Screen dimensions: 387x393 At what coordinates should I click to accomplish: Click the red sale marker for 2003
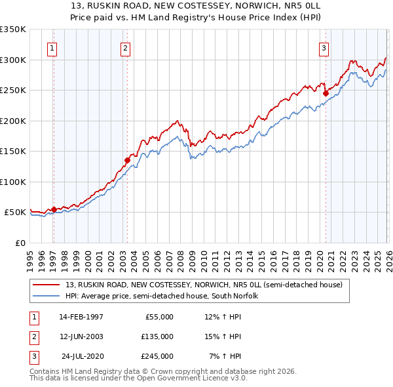(x=128, y=159)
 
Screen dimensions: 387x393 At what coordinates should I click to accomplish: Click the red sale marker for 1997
(x=54, y=210)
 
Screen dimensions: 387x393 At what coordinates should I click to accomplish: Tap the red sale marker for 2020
(x=326, y=93)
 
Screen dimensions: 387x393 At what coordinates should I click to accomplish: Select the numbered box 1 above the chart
(x=52, y=47)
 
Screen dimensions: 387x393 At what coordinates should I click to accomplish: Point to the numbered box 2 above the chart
(x=125, y=47)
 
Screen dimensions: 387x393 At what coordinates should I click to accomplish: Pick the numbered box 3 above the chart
(x=324, y=47)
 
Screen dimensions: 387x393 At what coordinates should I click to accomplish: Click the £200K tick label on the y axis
(x=12, y=121)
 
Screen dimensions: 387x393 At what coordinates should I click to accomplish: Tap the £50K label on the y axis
(x=14, y=213)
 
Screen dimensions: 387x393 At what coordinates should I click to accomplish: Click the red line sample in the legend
(x=47, y=285)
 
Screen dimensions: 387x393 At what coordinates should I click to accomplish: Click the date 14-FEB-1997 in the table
(x=81, y=317)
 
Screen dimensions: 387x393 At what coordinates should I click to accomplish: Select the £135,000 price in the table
(x=157, y=336)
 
